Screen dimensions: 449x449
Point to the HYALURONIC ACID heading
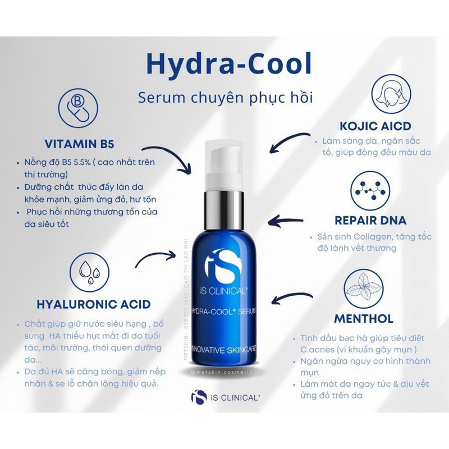[x=93, y=304]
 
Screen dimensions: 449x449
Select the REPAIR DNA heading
[x=371, y=220]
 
